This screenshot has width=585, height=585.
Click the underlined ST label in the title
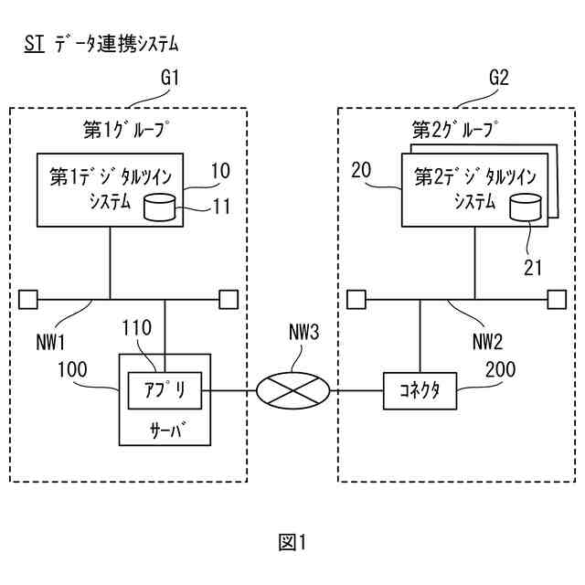tap(35, 44)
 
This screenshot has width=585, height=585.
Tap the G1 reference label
tap(170, 78)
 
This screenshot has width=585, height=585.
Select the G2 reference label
tap(499, 78)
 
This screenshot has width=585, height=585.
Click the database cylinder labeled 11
tap(160, 207)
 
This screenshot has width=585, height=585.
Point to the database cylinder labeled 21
tap(526, 207)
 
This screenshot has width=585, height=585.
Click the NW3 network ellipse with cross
tap(292, 390)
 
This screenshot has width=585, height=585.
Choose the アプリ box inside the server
tap(165, 390)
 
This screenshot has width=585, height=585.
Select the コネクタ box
tap(420, 391)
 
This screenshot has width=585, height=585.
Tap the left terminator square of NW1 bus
tap(28, 300)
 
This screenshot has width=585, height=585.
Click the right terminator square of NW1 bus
tap(229, 300)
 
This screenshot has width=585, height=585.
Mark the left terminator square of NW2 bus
tap(356, 300)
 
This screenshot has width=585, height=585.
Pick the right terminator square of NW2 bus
tap(557, 300)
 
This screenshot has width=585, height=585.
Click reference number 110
tap(137, 327)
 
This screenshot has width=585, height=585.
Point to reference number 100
tap(72, 369)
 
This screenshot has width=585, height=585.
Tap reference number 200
tap(500, 369)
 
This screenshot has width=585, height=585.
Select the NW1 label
tap(50, 342)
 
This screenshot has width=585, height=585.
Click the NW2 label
tap(487, 342)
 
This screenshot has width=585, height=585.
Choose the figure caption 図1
tap(292, 542)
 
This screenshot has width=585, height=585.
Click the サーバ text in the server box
tap(166, 431)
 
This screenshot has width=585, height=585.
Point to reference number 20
tap(361, 171)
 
